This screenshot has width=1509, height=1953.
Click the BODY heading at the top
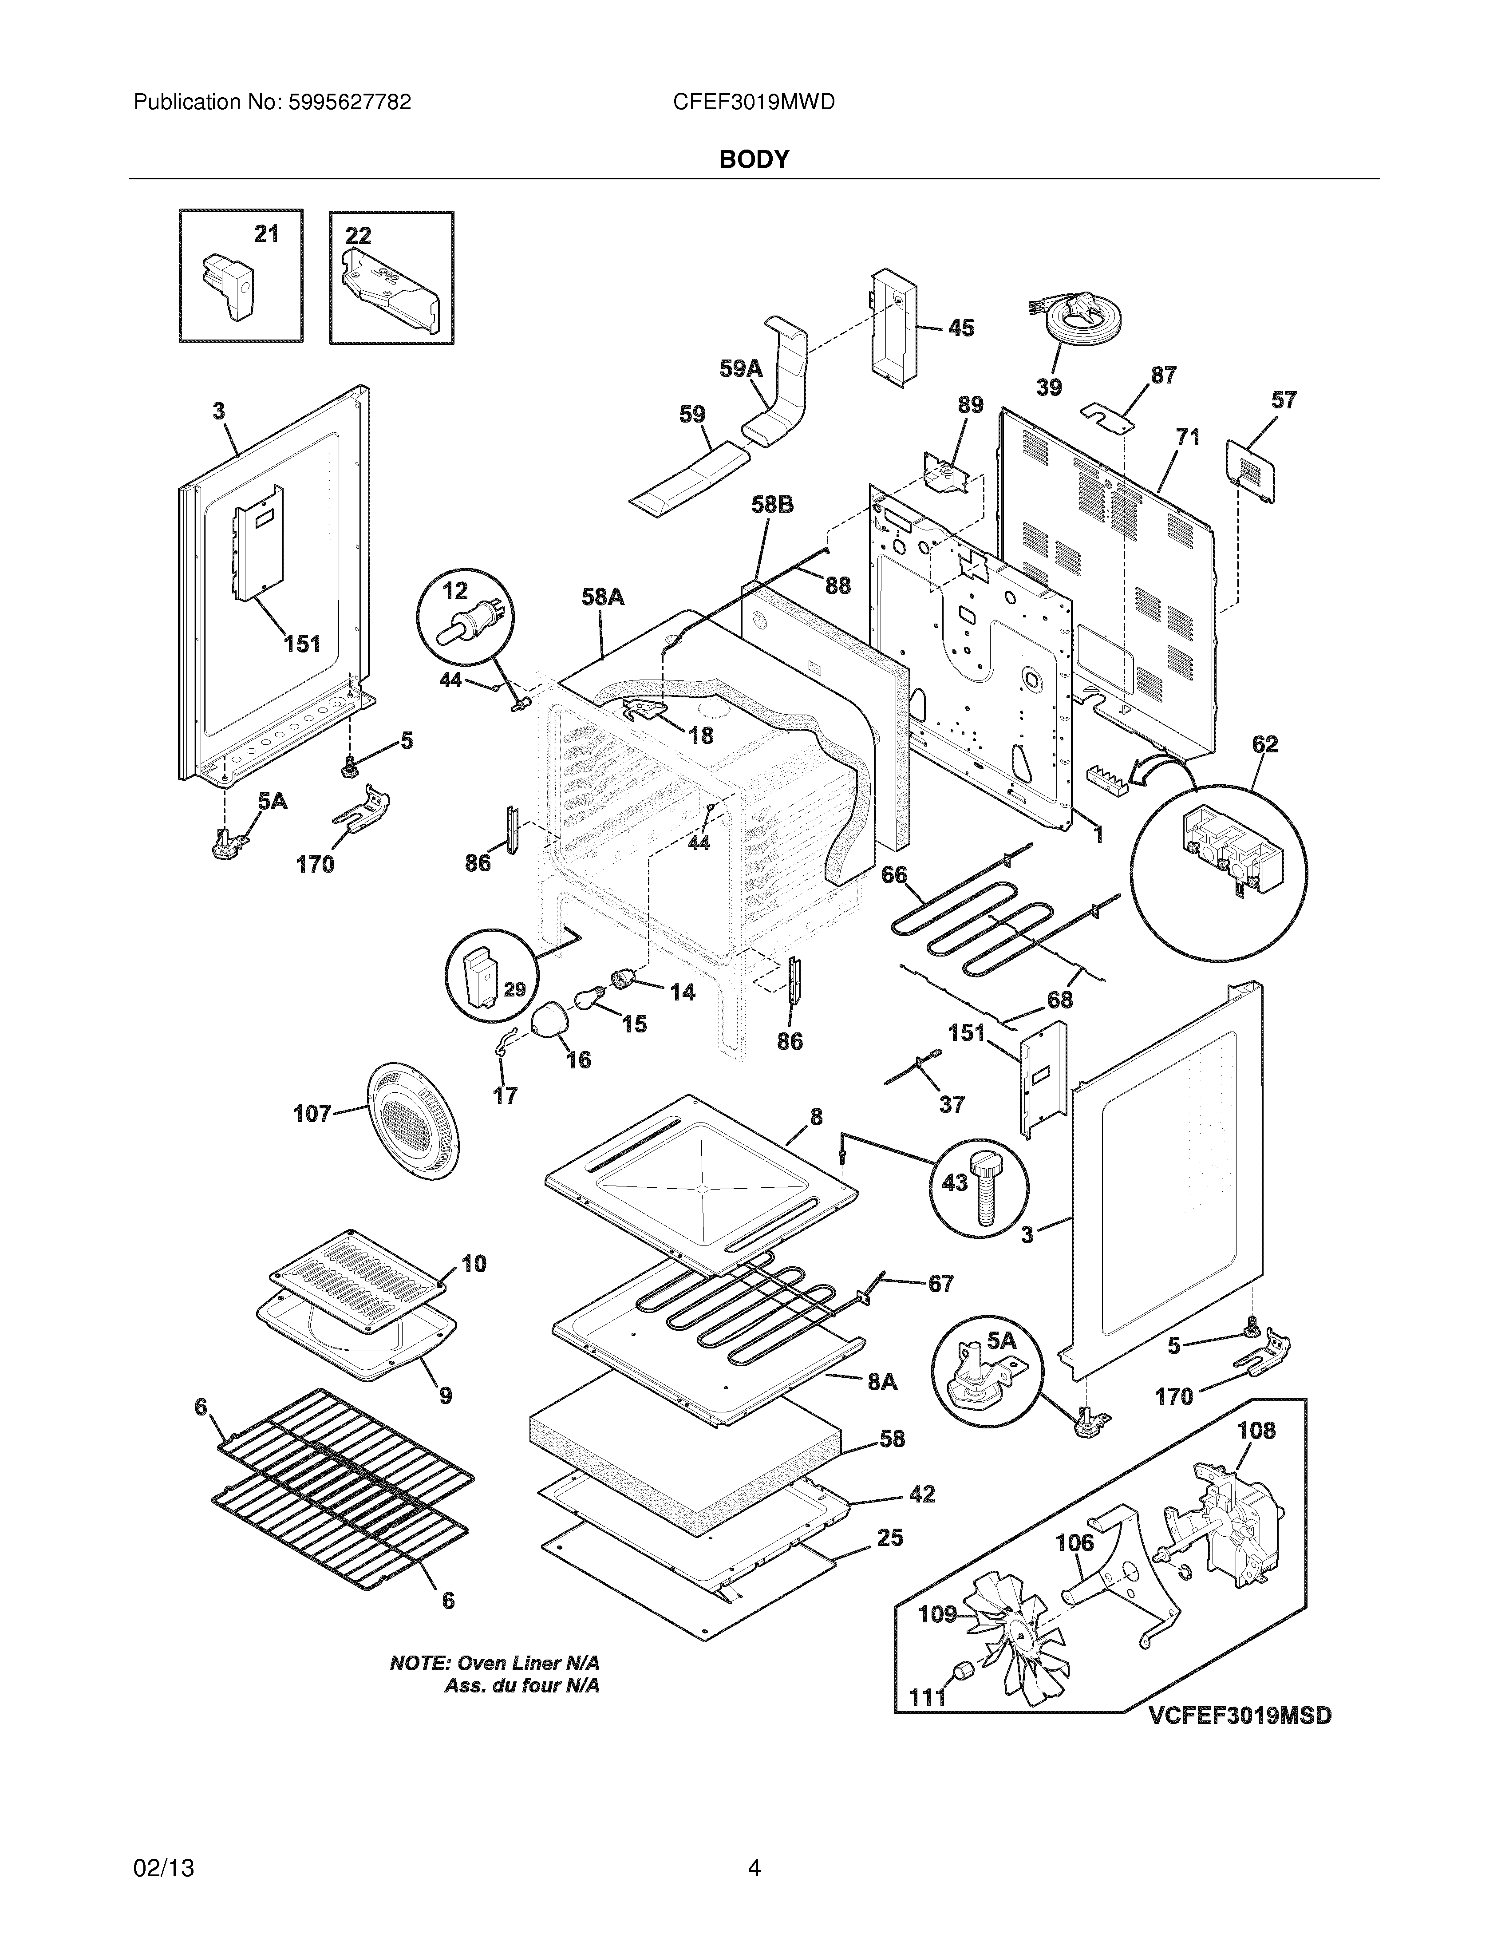pos(754,159)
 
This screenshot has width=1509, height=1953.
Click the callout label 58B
pos(771,505)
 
